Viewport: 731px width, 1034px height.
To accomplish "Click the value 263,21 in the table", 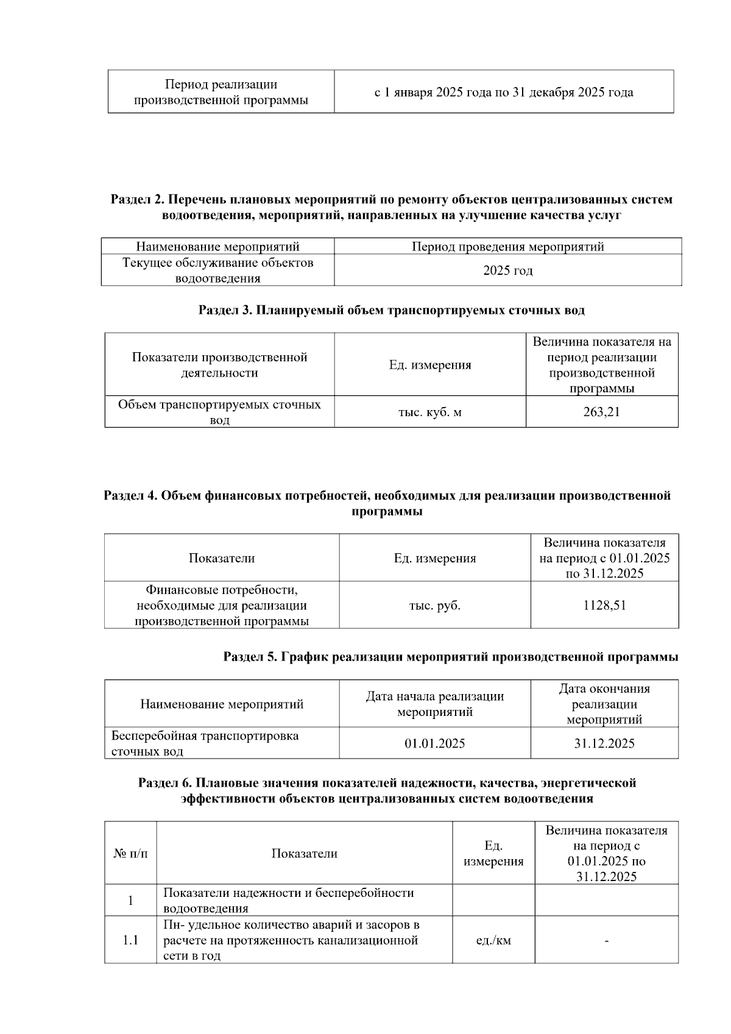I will (x=601, y=412).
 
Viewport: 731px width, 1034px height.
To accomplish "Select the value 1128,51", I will (x=604, y=605).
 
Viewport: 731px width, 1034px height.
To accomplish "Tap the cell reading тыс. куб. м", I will (x=429, y=412).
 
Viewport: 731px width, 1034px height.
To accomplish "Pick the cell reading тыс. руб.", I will (x=434, y=605).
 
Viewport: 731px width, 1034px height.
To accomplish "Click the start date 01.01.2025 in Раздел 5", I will (x=434, y=743).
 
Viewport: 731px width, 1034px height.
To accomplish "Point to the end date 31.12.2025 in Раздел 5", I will (x=604, y=743).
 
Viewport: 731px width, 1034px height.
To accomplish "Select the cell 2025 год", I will (x=507, y=270).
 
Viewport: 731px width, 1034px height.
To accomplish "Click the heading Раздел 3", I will (x=391, y=310).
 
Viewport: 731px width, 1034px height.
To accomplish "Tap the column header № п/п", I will (x=130, y=853).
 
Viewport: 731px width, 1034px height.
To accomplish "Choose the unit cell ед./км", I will (x=493, y=940).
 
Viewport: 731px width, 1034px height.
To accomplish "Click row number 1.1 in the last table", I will (x=130, y=940).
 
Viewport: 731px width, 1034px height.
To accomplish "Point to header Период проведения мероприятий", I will (x=507, y=247).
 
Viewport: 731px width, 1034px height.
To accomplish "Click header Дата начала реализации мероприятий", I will (x=434, y=704).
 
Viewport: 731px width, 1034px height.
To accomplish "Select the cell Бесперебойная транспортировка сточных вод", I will (x=205, y=743).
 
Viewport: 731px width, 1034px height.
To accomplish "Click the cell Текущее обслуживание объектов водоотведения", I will (x=217, y=270).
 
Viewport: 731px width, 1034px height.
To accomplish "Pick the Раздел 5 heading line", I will (x=450, y=657).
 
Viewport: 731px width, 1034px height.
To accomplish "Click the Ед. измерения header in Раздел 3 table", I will (x=429, y=365).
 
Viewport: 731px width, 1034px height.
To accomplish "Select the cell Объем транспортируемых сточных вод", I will (x=219, y=412).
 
